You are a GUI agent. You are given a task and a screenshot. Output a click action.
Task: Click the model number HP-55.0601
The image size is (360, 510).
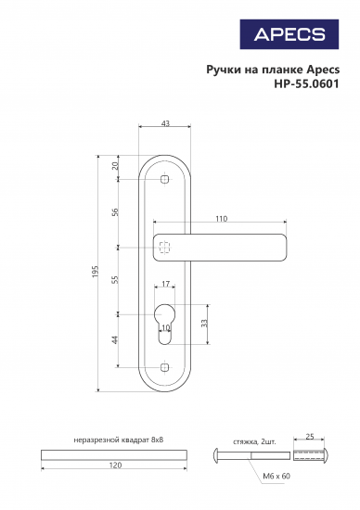pyautogui.click(x=306, y=83)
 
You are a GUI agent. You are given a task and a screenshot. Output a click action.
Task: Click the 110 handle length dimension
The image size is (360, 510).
pyautogui.click(x=221, y=220)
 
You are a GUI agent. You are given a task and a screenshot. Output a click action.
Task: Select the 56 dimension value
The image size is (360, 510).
pyautogui.click(x=115, y=212)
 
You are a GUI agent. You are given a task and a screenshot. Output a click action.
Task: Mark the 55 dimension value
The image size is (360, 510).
pyautogui.click(x=115, y=281)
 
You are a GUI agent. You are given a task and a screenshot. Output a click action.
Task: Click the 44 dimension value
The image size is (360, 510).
pyautogui.click(x=115, y=340)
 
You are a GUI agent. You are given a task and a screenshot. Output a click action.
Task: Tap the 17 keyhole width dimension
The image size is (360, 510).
pyautogui.click(x=164, y=285)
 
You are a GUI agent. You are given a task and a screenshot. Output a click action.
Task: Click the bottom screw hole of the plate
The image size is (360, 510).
pyautogui.click(x=164, y=368)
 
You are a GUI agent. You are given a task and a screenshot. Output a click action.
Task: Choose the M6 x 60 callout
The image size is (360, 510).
pyautogui.click(x=276, y=476)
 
